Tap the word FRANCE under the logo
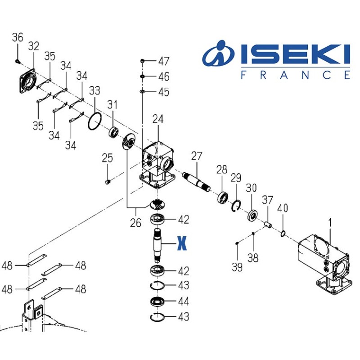pyautogui.click(x=295, y=75)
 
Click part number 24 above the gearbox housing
pyautogui.click(x=157, y=119)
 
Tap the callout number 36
pyautogui.click(x=18, y=38)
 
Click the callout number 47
pyautogui.click(x=163, y=61)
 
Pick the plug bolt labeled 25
pyautogui.click(x=108, y=182)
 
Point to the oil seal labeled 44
pyautogui.click(x=157, y=301)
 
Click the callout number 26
pyautogui.click(x=135, y=223)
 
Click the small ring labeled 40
pyautogui.click(x=283, y=233)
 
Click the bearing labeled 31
pyautogui.click(x=113, y=132)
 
